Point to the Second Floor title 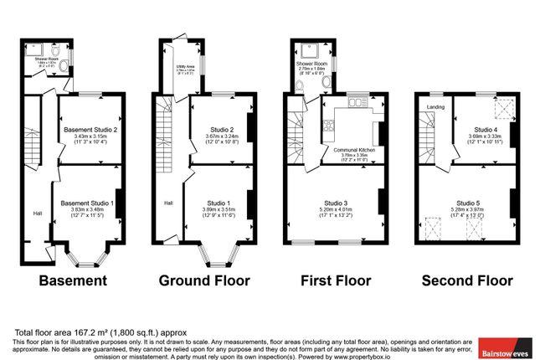tap(467, 280)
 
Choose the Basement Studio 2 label tap(92, 130)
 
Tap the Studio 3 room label tap(334, 202)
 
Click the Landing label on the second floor tap(435, 107)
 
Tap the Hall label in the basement tap(38, 212)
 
